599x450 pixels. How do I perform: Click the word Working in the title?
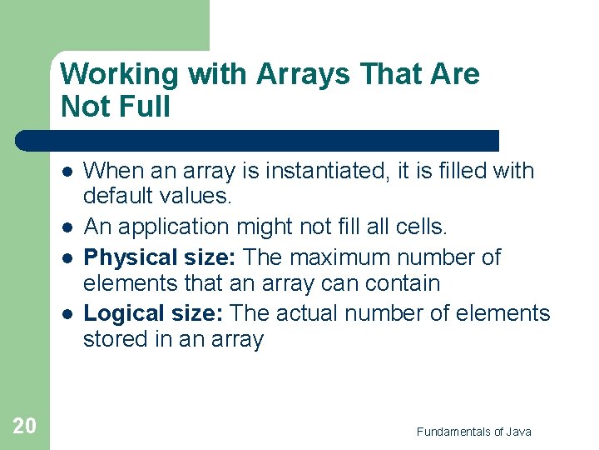point(120,75)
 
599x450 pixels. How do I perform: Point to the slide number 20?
point(25,427)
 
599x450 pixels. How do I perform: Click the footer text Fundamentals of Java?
point(473,431)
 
